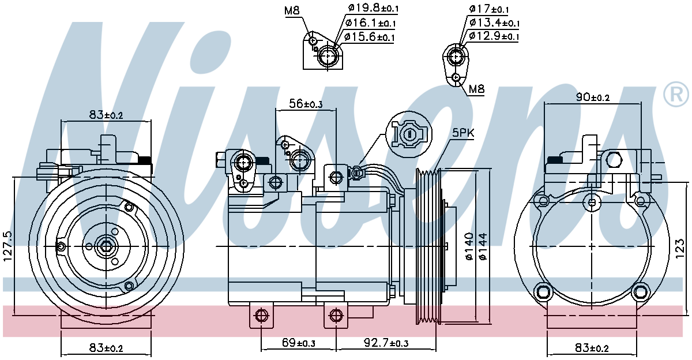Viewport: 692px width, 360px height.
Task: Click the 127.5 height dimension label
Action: [x=8, y=246]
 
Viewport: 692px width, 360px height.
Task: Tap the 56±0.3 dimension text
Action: [x=306, y=104]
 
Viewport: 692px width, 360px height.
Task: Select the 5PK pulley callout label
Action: [x=463, y=133]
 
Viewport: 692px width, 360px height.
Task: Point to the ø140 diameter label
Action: [x=469, y=246]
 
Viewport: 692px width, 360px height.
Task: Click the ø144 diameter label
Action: [x=483, y=246]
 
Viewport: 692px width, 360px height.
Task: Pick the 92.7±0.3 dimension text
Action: [x=386, y=343]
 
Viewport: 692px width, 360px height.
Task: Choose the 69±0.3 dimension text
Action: [x=299, y=343]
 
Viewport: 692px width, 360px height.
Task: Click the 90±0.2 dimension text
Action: [x=593, y=97]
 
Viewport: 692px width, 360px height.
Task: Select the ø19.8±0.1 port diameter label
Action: [x=373, y=8]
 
